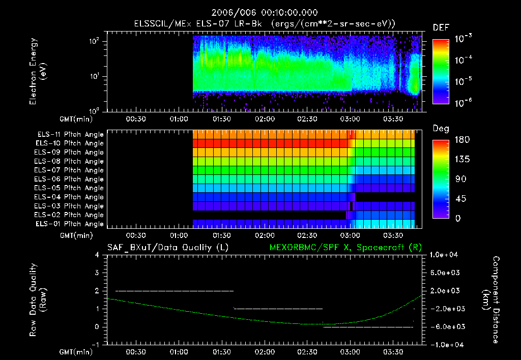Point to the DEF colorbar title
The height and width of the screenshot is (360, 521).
(x=440, y=27)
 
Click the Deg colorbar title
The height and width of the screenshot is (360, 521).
(x=440, y=129)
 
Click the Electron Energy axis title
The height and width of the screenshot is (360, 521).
(x=38, y=74)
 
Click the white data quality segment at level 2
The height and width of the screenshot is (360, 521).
(x=174, y=291)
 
